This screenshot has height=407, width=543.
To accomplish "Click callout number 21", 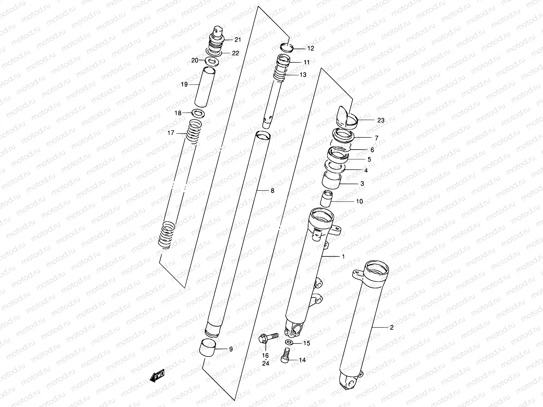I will [238, 40].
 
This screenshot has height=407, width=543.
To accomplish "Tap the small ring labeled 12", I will [287, 47].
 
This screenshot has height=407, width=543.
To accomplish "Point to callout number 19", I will [184, 84].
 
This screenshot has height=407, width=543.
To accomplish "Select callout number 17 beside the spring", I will [171, 133].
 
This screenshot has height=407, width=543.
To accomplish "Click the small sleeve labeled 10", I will [326, 199].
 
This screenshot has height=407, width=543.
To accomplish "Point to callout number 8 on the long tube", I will [272, 191].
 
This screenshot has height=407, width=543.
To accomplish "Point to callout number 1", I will [343, 256].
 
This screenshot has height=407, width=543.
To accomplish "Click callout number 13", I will [303, 75].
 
